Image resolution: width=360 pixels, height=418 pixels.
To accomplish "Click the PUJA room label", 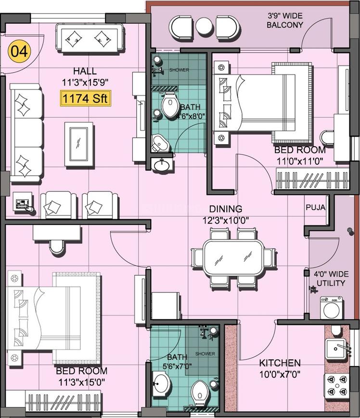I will (x=315, y=208).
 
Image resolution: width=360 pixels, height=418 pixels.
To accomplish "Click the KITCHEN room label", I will (x=280, y=363).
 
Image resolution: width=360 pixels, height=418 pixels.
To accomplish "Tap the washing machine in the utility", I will (x=332, y=308).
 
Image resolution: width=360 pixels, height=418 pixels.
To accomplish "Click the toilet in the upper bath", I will (x=169, y=107).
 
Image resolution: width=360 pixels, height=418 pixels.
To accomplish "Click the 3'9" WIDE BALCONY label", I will (x=285, y=20).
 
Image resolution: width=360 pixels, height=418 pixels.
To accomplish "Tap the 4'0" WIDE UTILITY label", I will (x=329, y=279).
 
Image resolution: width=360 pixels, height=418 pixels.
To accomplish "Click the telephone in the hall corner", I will (x=23, y=203).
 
